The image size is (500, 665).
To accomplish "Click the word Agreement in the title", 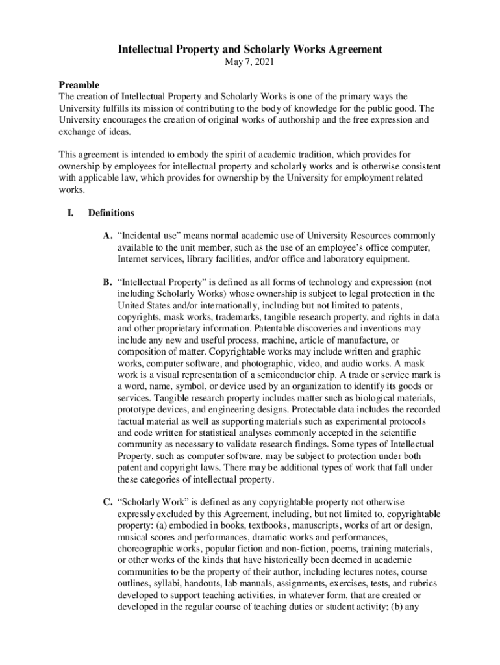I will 346,49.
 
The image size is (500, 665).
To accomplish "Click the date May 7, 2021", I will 249,63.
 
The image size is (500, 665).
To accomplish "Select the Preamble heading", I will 79,85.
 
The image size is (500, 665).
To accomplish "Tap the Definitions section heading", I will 111,212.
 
